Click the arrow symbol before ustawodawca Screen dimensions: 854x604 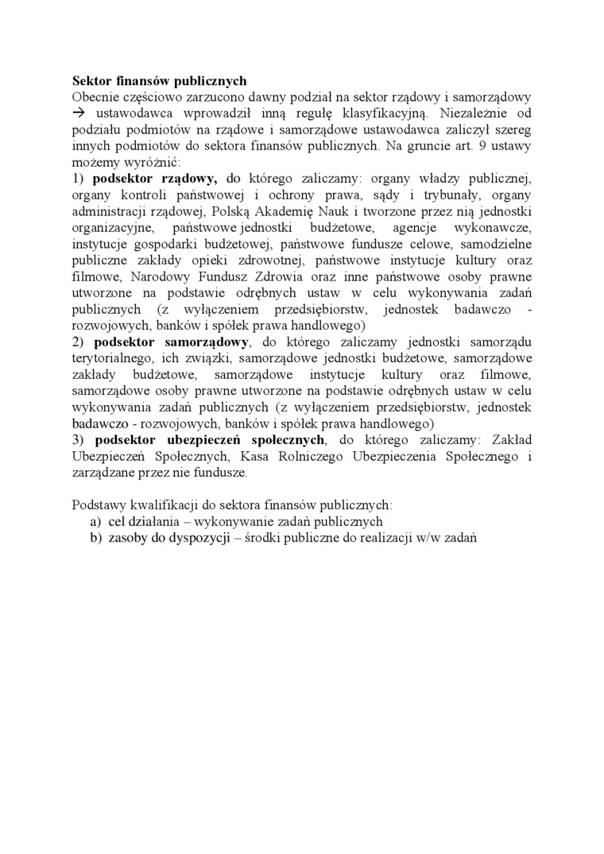[79, 114]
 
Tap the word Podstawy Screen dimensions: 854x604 [97, 505]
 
